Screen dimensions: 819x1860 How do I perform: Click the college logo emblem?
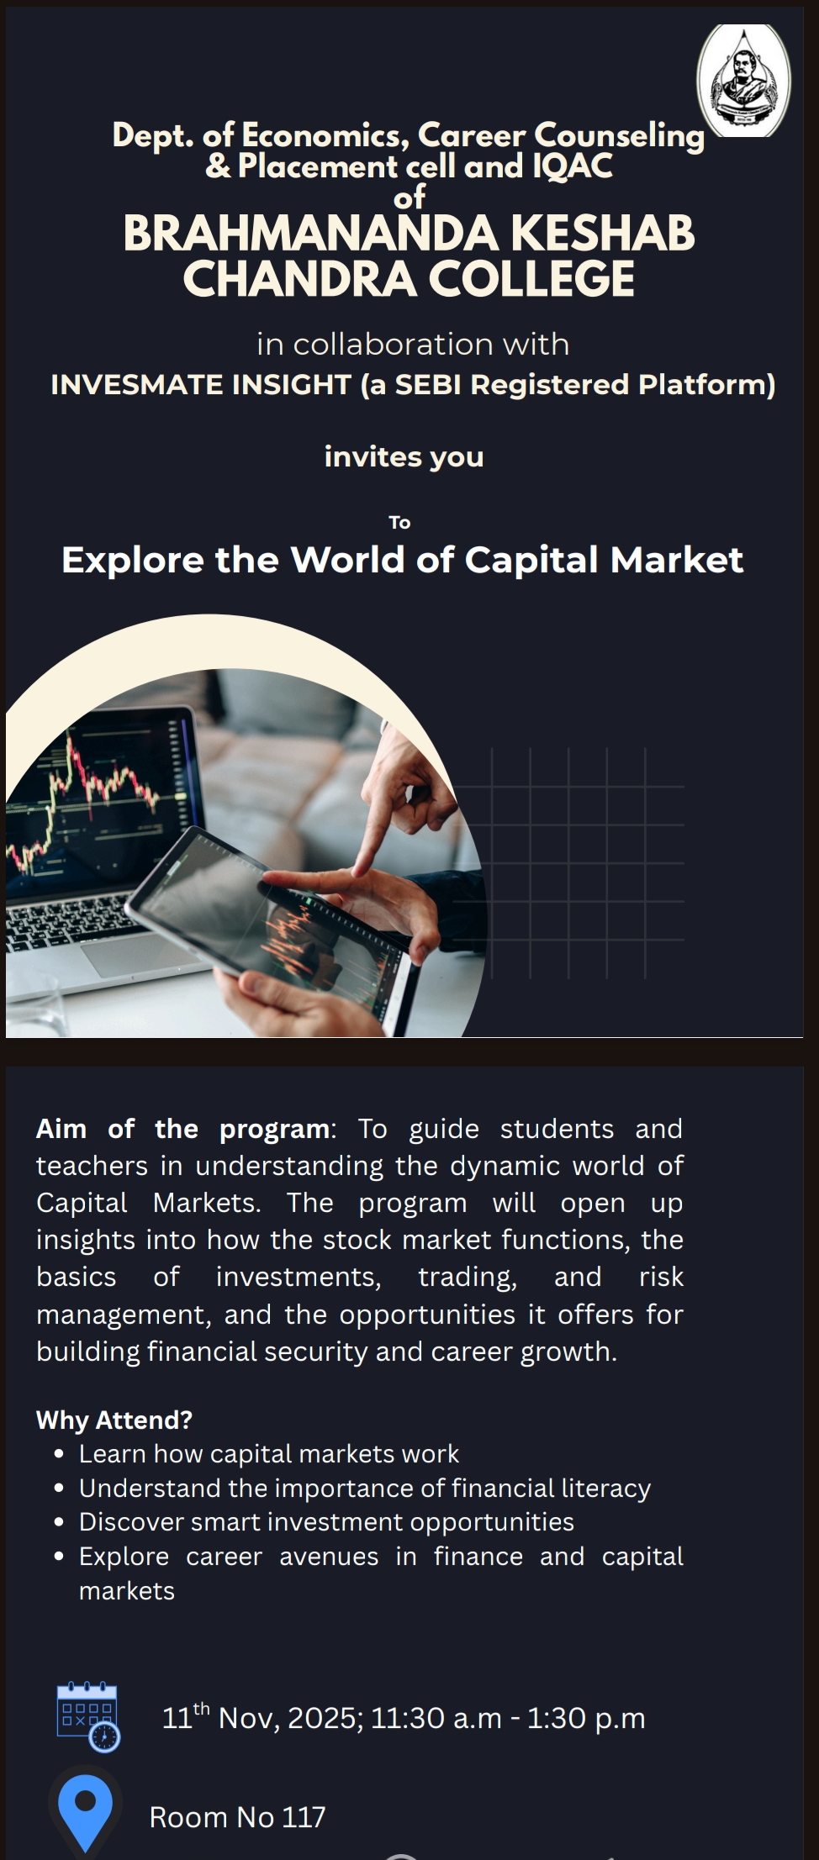[x=743, y=80]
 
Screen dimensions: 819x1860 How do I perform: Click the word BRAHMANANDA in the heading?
[x=311, y=234]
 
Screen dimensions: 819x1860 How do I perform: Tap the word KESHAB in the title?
[x=603, y=234]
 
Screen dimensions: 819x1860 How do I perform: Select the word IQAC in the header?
[x=573, y=166]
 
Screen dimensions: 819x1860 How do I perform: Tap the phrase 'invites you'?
[x=404, y=457]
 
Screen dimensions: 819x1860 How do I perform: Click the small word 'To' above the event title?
[x=399, y=523]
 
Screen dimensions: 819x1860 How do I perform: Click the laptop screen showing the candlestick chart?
[x=101, y=798]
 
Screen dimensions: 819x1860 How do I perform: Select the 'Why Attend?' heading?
[x=114, y=1420]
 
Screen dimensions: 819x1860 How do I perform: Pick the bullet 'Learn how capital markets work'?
[x=269, y=1454]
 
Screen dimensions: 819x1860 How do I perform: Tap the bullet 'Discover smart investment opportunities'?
[x=326, y=1522]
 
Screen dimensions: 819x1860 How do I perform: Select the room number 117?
[x=304, y=1817]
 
